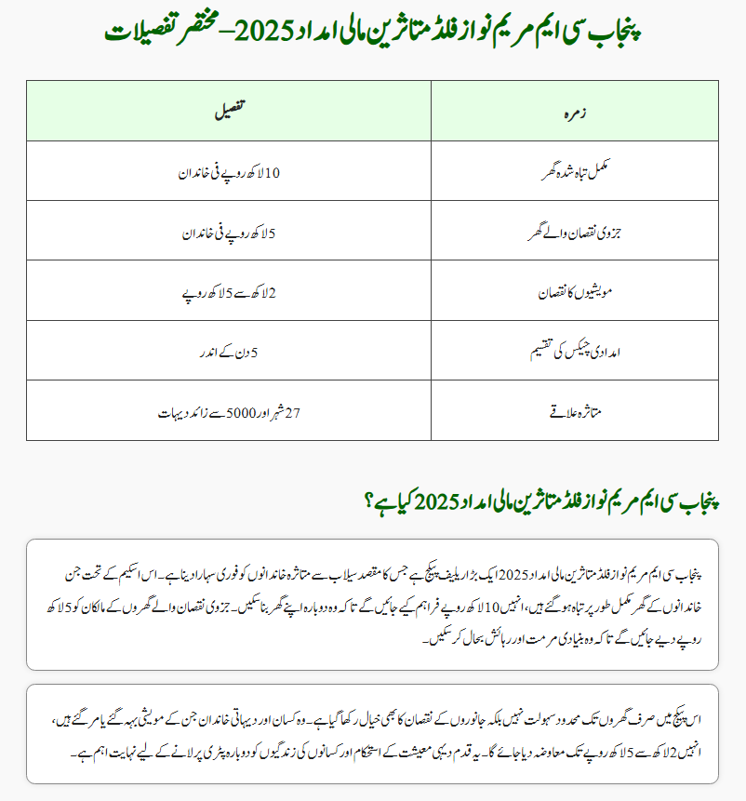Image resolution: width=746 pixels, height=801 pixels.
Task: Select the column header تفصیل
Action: [x=229, y=111]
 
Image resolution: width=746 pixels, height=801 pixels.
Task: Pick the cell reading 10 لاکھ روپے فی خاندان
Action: [x=229, y=171]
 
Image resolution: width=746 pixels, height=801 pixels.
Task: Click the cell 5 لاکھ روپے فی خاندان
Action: [x=229, y=232]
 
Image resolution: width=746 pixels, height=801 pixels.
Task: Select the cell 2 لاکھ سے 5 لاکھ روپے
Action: [x=229, y=292]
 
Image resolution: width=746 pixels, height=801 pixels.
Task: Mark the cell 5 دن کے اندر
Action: [x=229, y=353]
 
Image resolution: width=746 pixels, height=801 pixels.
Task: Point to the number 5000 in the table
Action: [x=237, y=411]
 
